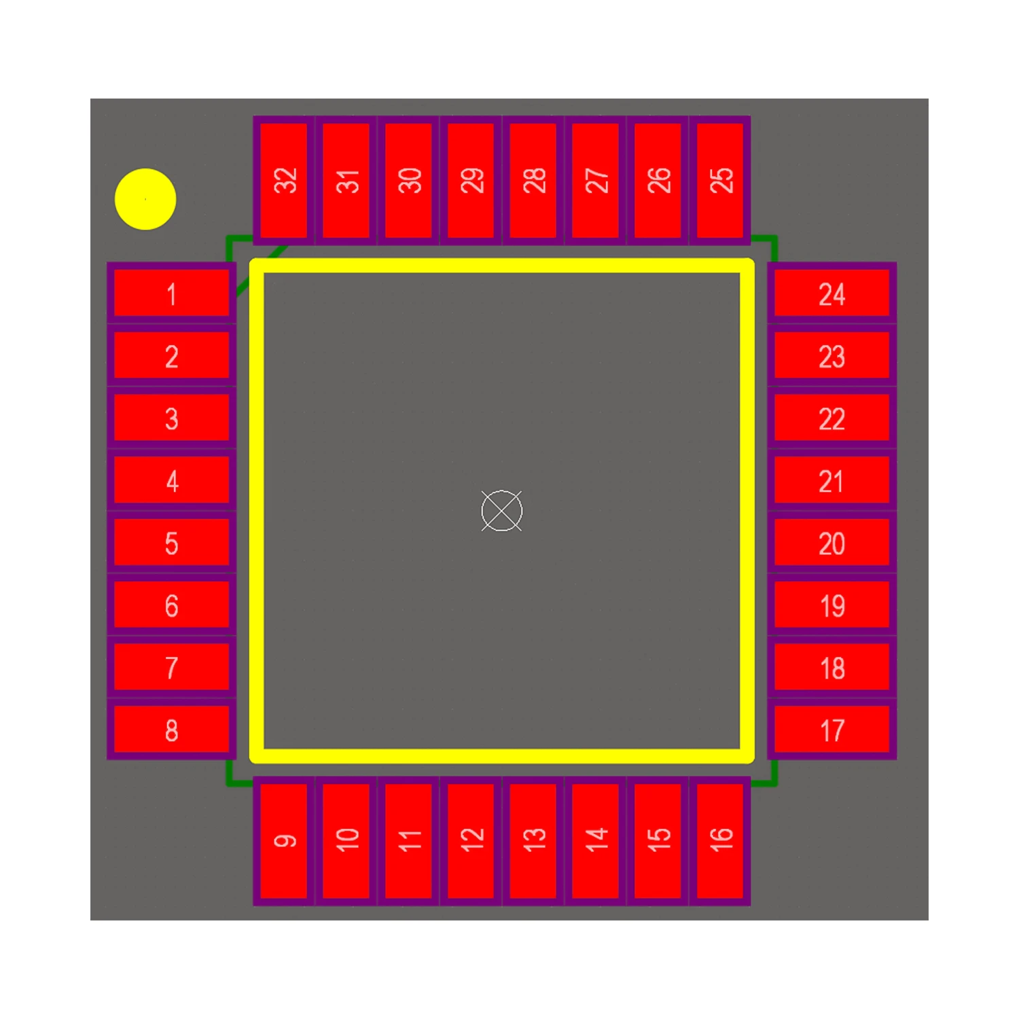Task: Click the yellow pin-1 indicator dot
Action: click(x=145, y=199)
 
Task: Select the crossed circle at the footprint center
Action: click(x=502, y=510)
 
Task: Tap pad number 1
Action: click(x=172, y=293)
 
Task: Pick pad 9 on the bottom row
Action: click(x=284, y=841)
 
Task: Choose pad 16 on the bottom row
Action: click(x=720, y=841)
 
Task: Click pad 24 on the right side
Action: click(x=832, y=293)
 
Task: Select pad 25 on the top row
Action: click(x=720, y=180)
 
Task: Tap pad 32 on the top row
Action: click(x=284, y=180)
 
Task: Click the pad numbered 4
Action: click(x=172, y=480)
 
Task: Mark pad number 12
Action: click(x=471, y=841)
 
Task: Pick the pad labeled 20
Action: click(x=832, y=542)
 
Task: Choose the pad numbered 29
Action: click(x=471, y=180)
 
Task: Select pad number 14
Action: click(x=596, y=841)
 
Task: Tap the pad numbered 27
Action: click(x=596, y=180)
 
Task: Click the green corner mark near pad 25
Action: click(x=764, y=249)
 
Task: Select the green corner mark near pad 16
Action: click(x=764, y=773)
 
